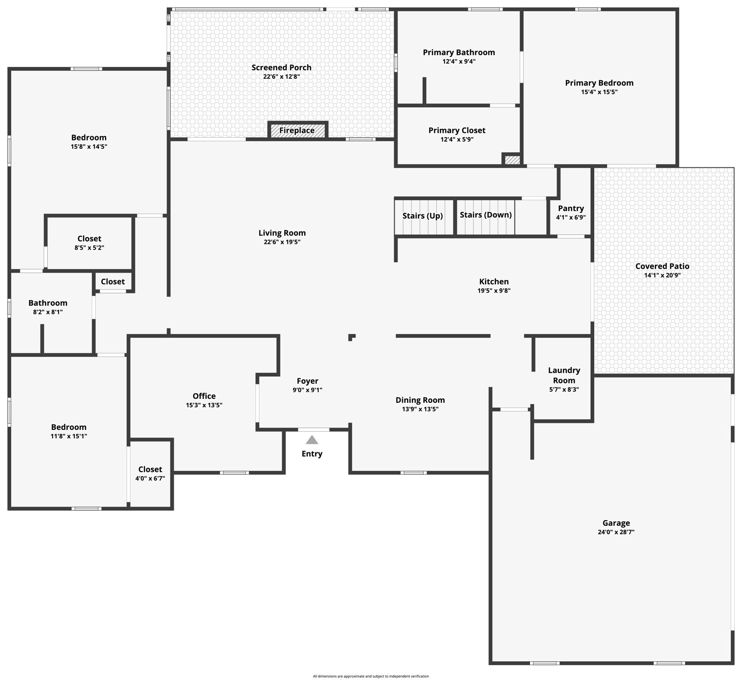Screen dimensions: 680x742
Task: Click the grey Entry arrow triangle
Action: click(312, 440)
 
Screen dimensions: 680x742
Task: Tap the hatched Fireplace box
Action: click(297, 131)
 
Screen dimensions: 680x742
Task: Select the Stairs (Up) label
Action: click(422, 216)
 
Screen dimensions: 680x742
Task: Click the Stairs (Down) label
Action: click(485, 215)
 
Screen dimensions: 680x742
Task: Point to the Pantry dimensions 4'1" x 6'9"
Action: click(571, 217)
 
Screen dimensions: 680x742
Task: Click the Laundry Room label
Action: click(564, 375)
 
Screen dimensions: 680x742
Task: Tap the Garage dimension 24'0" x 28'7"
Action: click(616, 532)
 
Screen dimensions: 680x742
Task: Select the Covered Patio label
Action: click(662, 266)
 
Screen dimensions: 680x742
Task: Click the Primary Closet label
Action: click(456, 130)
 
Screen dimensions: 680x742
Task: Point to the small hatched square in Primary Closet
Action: click(512, 160)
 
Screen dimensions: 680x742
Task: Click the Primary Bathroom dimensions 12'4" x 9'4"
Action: click(459, 62)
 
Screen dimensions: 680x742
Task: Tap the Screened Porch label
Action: click(281, 67)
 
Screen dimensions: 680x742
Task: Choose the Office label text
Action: click(204, 396)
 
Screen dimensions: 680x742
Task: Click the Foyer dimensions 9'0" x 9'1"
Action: click(307, 390)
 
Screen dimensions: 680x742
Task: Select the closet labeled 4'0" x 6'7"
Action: click(150, 473)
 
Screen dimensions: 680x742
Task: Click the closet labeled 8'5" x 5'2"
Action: click(89, 243)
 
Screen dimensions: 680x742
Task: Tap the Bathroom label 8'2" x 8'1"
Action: click(48, 307)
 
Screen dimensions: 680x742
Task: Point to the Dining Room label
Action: click(420, 400)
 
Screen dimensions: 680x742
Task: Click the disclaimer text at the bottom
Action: click(371, 676)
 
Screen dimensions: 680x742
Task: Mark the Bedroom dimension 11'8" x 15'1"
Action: click(69, 436)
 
